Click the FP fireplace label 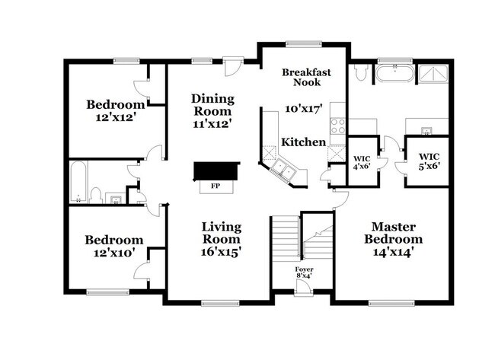pos(216,186)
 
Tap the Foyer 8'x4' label pos(305,272)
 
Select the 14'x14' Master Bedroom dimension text pos(394,253)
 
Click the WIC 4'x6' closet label pos(362,162)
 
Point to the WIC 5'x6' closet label pos(430,161)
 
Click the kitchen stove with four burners pos(337,126)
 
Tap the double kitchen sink pos(283,170)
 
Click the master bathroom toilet pos(359,72)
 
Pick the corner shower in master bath pos(433,74)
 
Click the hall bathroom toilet pos(95,196)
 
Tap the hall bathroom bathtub pos(78,183)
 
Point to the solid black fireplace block pos(216,171)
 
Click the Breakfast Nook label pos(307,77)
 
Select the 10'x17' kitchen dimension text pos(304,109)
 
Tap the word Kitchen pos(303,142)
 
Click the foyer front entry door pos(304,287)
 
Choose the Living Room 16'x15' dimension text pos(222,252)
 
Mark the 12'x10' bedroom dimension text pos(114,253)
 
